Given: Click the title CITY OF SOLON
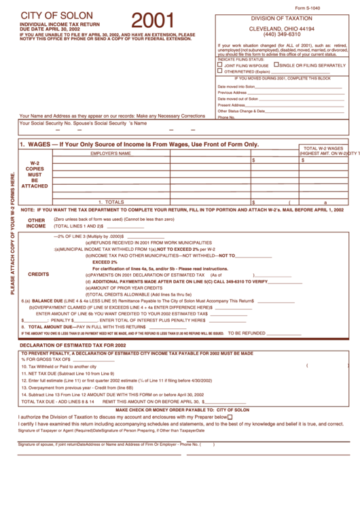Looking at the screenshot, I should (52, 15).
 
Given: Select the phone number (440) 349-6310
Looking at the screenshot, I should (282, 34).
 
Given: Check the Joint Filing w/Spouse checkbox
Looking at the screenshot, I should (219, 65).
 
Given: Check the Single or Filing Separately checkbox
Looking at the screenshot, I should (276, 65).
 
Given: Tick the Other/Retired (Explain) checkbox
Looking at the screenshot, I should (219, 71).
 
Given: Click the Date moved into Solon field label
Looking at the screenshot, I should (236, 87).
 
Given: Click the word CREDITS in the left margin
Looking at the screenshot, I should (38, 275).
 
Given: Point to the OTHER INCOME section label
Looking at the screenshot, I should (37, 223).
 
